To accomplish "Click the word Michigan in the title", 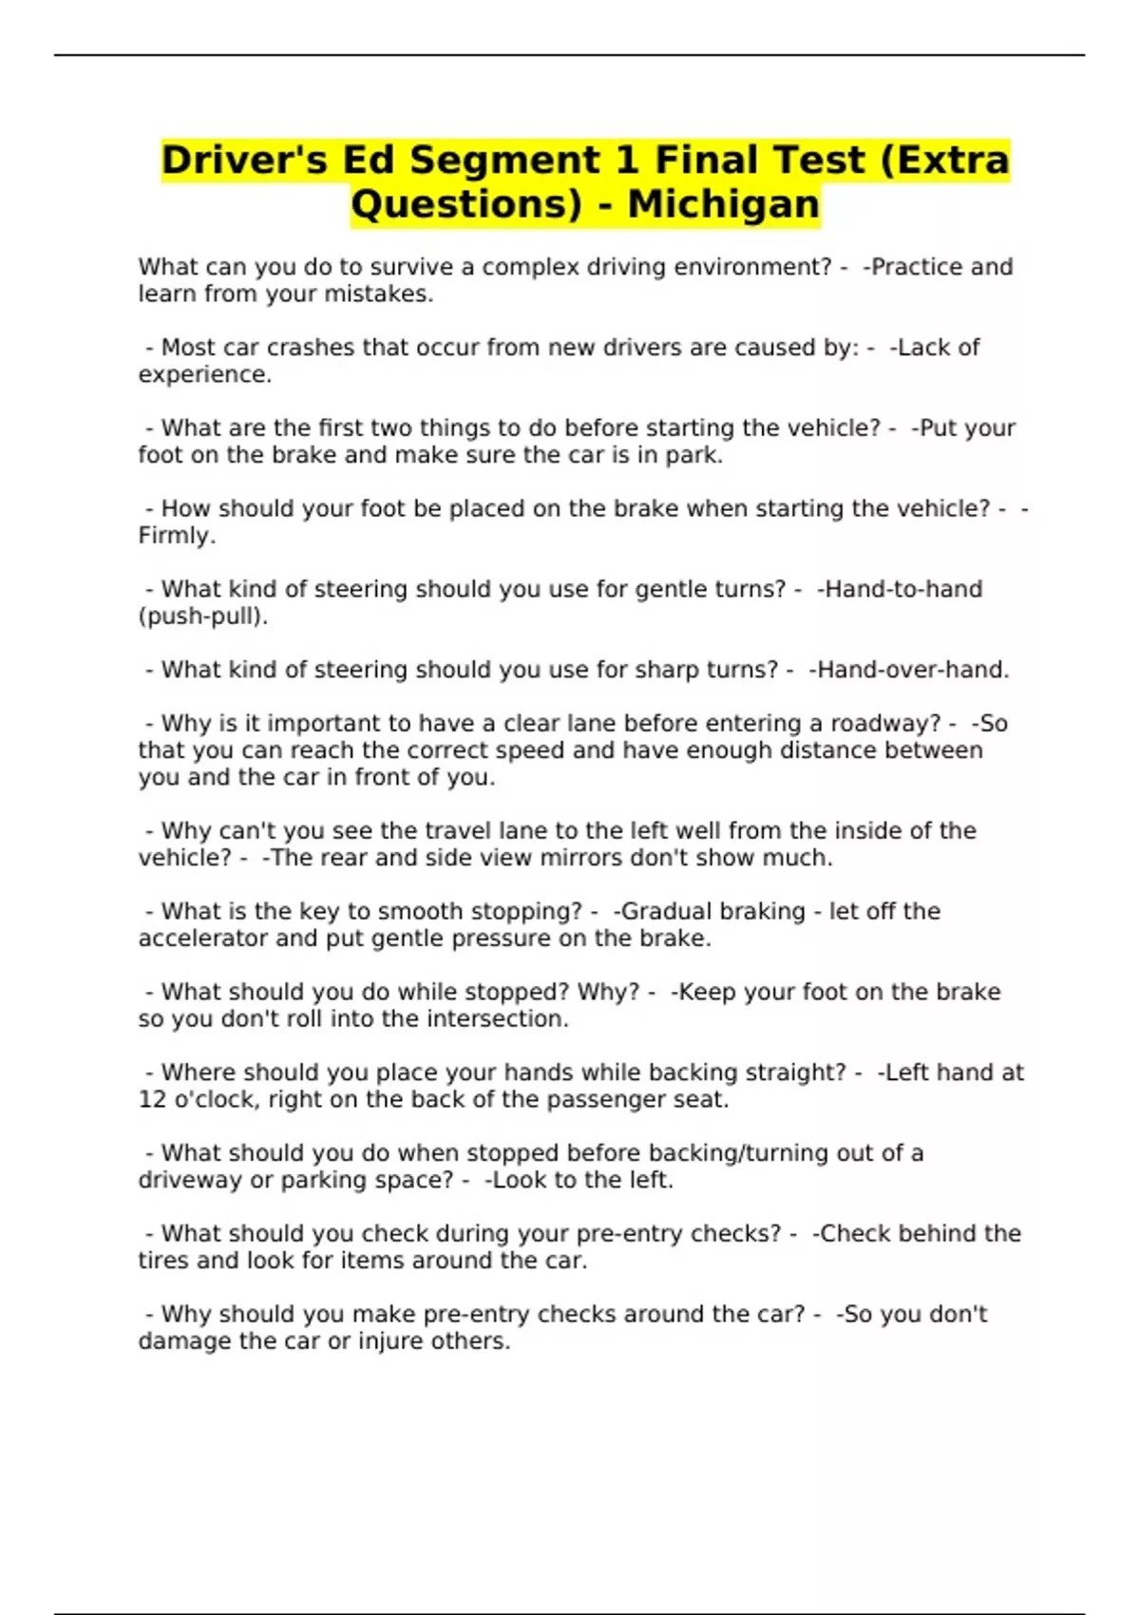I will (x=723, y=204).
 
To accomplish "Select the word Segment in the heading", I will (x=504, y=160).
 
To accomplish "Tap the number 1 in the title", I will (x=626, y=160).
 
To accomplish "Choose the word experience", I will (x=204, y=375).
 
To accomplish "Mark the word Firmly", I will (x=177, y=536).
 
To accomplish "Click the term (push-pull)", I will (x=202, y=617).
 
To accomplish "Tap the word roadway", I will (x=885, y=724).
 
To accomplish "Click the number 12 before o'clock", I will (x=152, y=1100).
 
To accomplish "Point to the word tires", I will (x=163, y=1261).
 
